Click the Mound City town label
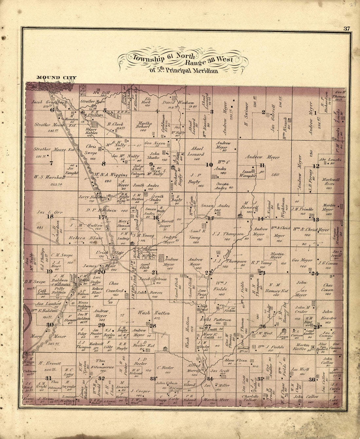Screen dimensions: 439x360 click(56, 78)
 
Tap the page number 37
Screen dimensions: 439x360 click(347, 28)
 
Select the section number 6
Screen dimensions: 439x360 click(52, 110)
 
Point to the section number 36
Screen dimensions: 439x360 click(312, 379)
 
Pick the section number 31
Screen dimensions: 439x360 click(49, 378)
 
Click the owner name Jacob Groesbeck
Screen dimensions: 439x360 click(49, 102)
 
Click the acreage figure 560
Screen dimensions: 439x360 click(275, 174)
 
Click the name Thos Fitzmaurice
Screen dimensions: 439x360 click(102, 364)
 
